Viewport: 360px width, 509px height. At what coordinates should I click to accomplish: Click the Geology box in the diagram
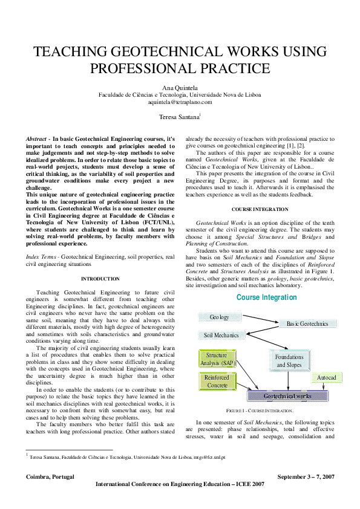click(219, 317)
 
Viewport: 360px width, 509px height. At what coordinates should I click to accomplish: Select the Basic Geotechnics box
click(307, 323)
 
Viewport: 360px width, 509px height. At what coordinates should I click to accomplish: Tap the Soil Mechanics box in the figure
click(221, 335)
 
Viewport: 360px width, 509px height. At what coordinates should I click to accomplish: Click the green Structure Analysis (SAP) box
click(215, 360)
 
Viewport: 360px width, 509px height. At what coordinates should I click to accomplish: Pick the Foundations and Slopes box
click(289, 361)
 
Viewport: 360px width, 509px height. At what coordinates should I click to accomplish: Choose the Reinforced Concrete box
click(216, 381)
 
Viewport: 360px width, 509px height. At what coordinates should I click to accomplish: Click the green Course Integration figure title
click(266, 297)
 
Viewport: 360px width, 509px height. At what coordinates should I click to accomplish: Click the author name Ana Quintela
click(180, 88)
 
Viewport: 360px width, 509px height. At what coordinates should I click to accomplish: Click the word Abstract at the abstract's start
click(37, 138)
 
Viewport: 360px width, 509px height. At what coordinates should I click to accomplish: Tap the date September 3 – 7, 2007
click(305, 476)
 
